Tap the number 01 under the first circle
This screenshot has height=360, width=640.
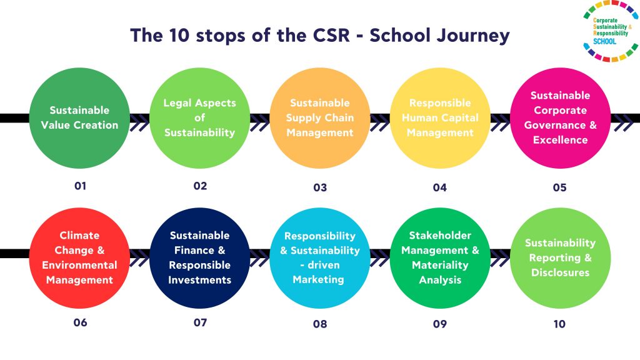[x=79, y=186]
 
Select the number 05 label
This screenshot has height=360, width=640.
[x=559, y=187]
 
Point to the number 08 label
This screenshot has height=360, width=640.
[x=319, y=324]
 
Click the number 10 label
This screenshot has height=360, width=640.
[x=559, y=324]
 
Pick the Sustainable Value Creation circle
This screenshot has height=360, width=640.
[x=79, y=117]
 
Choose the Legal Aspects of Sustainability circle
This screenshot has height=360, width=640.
[x=199, y=117]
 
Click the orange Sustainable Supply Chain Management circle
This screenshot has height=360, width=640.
[x=319, y=117]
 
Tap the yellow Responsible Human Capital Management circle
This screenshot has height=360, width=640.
[x=439, y=117]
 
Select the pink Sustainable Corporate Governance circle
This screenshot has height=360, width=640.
[x=559, y=117]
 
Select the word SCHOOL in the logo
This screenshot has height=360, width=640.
[x=604, y=42]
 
